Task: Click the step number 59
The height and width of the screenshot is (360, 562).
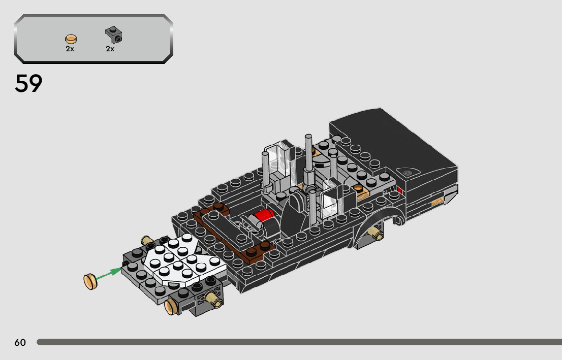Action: [28, 83]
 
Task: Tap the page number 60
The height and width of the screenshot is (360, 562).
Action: [20, 342]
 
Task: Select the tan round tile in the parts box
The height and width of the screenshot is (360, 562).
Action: [71, 39]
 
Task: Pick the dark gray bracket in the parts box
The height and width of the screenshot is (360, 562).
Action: [114, 35]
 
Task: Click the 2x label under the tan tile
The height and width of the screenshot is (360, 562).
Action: [70, 49]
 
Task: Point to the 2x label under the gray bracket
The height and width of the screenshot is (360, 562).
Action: [110, 49]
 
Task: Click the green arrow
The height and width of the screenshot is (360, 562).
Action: [109, 273]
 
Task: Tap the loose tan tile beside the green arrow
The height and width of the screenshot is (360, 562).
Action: [90, 282]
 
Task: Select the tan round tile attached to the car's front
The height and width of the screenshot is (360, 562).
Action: [171, 307]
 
